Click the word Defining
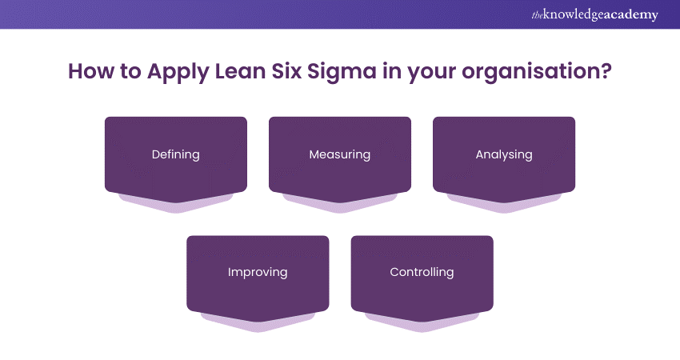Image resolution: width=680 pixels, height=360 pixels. (x=176, y=154)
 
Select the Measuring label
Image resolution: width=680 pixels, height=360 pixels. (x=340, y=154)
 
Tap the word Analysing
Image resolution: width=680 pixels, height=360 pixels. (x=504, y=154)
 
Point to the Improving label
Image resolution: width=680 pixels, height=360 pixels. (x=258, y=272)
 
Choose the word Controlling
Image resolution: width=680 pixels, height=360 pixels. (x=422, y=272)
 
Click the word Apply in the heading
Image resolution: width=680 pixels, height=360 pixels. (x=167, y=71)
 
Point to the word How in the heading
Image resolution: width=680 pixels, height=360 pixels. (x=88, y=71)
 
